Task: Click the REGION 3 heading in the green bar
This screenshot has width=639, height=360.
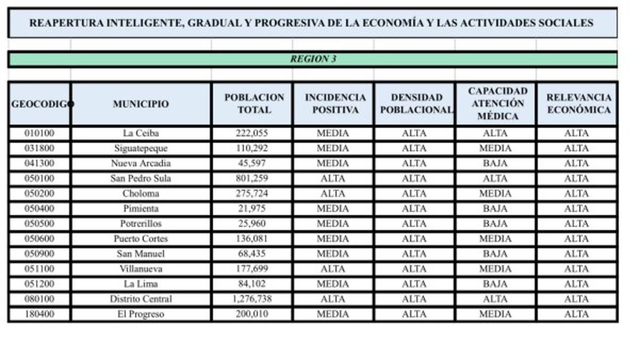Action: click(313, 59)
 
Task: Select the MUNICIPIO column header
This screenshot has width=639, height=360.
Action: click(141, 104)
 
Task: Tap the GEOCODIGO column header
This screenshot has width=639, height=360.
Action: click(40, 104)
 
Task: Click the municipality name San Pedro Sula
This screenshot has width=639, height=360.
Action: click(141, 178)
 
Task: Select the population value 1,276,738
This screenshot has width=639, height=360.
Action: click(251, 299)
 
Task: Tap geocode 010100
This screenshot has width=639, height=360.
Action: click(39, 133)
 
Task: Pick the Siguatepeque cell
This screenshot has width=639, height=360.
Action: click(141, 148)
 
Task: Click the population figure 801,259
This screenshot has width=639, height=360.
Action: click(251, 178)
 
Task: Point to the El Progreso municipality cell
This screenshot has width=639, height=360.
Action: click(141, 314)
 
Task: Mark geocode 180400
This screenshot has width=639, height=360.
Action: click(39, 314)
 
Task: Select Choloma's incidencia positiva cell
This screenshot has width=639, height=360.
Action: click(333, 193)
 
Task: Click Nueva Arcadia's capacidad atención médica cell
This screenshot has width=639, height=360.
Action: click(495, 163)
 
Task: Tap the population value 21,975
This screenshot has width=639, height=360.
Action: click(251, 209)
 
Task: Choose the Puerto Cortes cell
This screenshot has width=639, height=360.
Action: click(141, 239)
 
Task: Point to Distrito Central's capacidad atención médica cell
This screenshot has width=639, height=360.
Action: click(495, 299)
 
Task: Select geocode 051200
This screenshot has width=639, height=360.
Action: click(39, 284)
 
